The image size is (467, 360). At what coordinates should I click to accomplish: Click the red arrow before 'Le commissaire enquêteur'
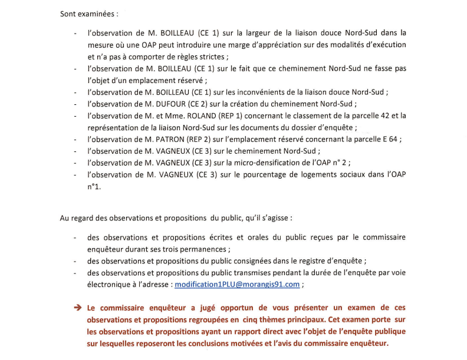(x=77, y=308)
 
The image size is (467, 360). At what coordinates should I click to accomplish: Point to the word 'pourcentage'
(x=272, y=174)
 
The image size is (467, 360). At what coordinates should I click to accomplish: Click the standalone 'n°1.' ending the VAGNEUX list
(x=94, y=186)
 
